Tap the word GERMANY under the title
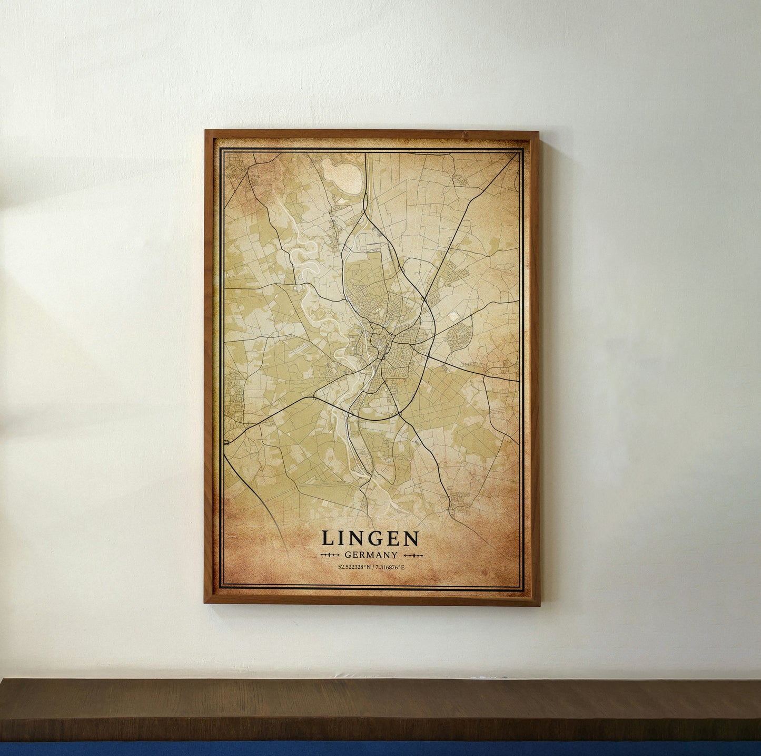point(370,555)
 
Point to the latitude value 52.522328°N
point(354,567)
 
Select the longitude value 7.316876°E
point(389,567)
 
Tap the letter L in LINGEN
point(327,538)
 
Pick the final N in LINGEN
point(412,538)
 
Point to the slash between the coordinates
point(372,567)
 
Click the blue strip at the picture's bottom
point(380,749)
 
